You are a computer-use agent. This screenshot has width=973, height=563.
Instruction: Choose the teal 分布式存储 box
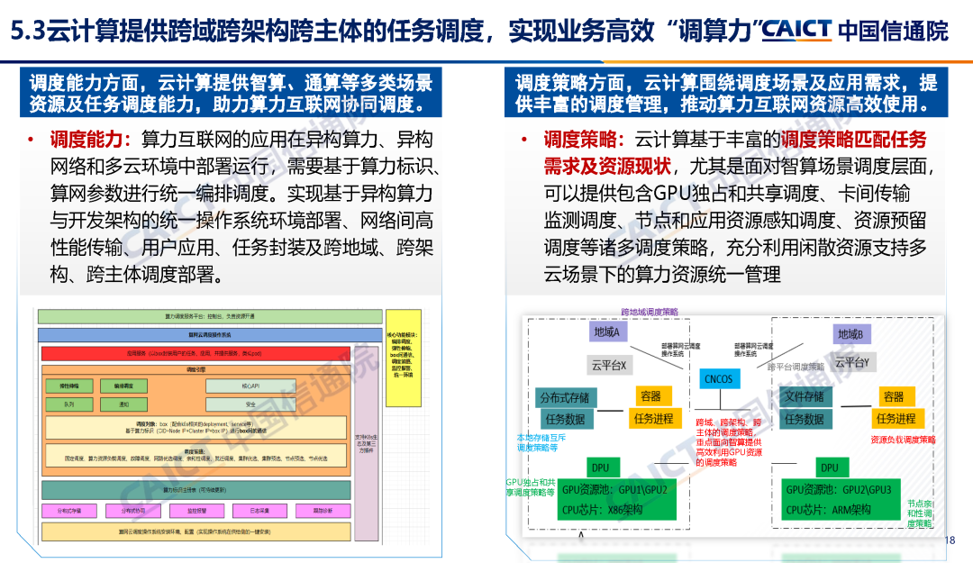[564, 397]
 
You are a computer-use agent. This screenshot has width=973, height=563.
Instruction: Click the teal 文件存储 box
[805, 396]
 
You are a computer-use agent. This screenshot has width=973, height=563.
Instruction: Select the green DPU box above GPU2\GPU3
[829, 468]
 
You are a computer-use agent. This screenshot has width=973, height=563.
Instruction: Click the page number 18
[949, 540]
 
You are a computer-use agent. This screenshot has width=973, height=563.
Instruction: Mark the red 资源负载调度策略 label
[903, 440]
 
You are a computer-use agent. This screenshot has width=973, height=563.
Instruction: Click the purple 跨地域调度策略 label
[650, 312]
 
